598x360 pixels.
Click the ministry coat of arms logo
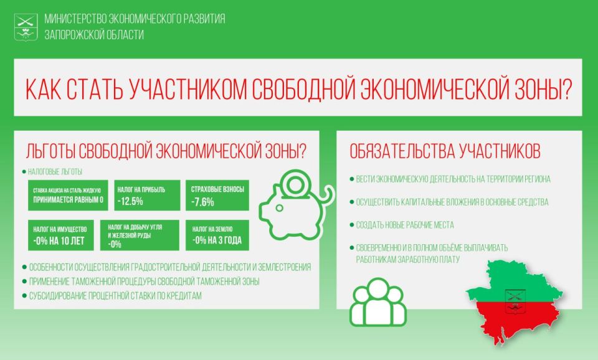coord(26,26)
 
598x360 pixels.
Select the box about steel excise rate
coord(67,195)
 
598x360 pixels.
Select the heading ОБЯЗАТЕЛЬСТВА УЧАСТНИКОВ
coord(445,151)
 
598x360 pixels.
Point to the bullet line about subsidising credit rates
coord(115,296)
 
